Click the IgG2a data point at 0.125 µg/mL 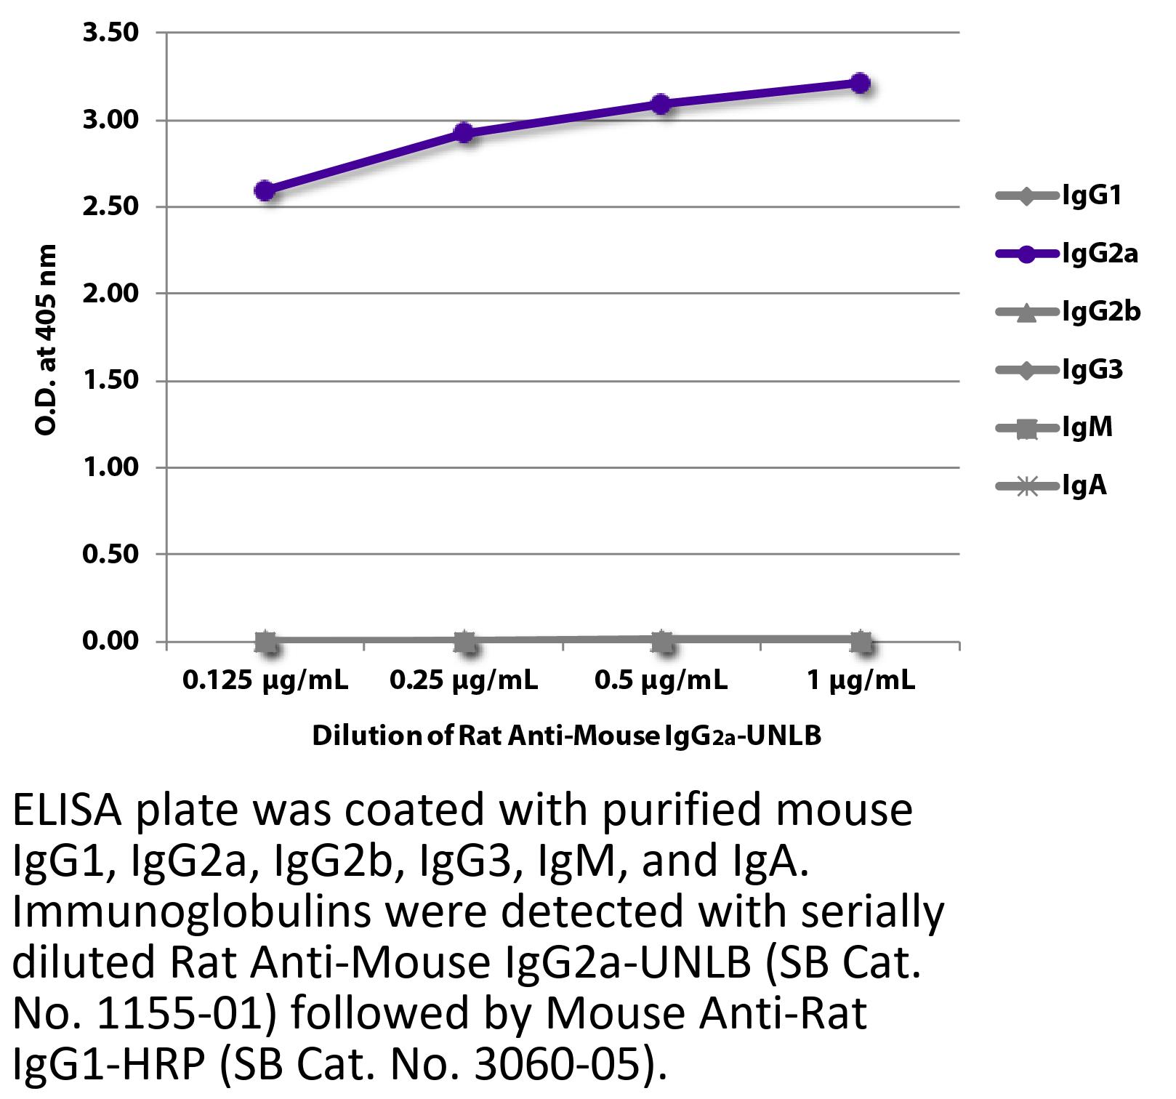coord(265,191)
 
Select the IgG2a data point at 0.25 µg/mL coord(464,133)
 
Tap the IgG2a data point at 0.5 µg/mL coord(661,104)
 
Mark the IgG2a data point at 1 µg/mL coord(860,84)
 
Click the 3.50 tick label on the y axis coord(110,33)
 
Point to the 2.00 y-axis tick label coord(110,294)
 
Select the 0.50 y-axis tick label coord(110,555)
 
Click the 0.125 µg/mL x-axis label coord(265,681)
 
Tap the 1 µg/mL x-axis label coord(861,681)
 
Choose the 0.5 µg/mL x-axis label coord(661,681)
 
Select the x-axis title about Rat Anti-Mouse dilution coord(566,736)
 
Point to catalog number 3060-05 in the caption coord(549,1064)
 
